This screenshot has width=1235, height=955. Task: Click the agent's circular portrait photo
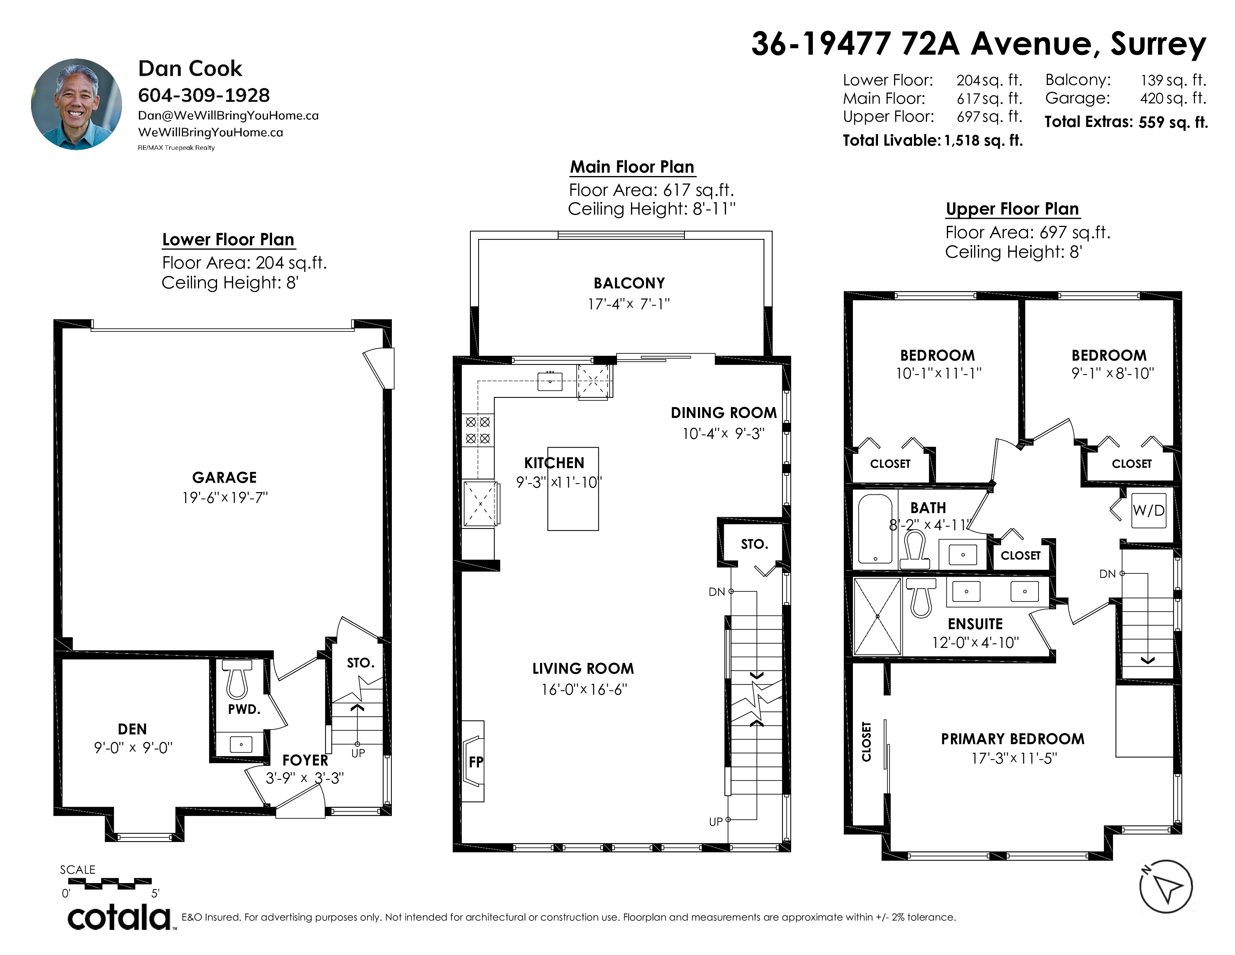(76, 104)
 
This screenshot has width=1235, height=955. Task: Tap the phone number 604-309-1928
(204, 95)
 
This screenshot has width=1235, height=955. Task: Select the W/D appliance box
(1149, 510)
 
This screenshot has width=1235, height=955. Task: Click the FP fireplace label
(476, 762)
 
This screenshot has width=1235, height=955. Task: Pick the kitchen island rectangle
(573, 489)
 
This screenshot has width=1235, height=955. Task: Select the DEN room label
(132, 729)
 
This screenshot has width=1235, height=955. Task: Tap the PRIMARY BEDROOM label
(1013, 739)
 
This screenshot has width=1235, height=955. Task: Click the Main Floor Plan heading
(632, 167)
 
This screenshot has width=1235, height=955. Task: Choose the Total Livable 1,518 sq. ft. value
(984, 140)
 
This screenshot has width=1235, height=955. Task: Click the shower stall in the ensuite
(877, 616)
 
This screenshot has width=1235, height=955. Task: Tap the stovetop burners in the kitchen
(478, 430)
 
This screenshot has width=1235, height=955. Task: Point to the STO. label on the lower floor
(360, 663)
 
